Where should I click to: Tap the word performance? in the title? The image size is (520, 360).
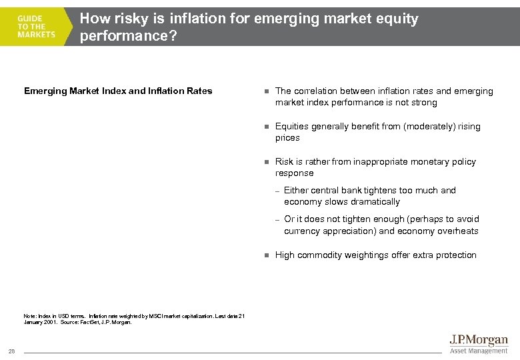pyautogui.click(x=129, y=36)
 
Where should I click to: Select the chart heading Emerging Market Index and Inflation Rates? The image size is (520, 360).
pyautogui.click(x=118, y=91)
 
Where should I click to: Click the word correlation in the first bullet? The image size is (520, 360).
pyautogui.click(x=315, y=91)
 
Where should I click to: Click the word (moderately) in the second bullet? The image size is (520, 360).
pyautogui.click(x=425, y=127)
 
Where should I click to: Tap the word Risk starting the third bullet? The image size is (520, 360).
pyautogui.click(x=285, y=162)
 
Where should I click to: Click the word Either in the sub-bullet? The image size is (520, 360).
pyautogui.click(x=296, y=191)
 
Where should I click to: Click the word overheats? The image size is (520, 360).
pyautogui.click(x=458, y=231)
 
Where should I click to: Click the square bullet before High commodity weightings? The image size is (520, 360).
pyautogui.click(x=265, y=255)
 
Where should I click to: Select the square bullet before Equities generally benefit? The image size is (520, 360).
pyautogui.click(x=265, y=127)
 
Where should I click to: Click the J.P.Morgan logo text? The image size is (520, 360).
pyautogui.click(x=478, y=341)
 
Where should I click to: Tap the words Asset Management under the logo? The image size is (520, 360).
pyautogui.click(x=479, y=351)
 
